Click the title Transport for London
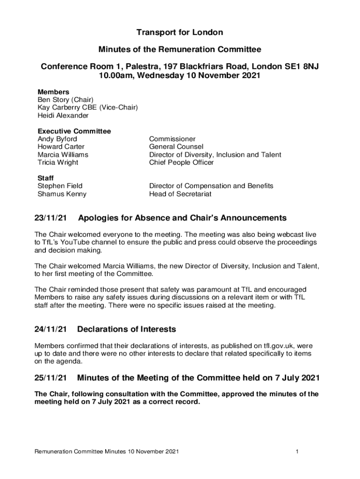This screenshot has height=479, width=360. click(180, 32)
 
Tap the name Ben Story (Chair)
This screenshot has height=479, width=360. click(65, 100)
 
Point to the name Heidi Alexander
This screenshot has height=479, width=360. click(63, 115)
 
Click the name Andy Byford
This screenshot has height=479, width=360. click(57, 139)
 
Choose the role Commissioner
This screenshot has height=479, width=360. click(172, 139)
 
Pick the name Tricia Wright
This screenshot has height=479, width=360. click(58, 162)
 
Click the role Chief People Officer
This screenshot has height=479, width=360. click(181, 162)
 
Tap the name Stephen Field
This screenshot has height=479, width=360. click(60, 186)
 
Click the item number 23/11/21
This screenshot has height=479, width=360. click(50, 218)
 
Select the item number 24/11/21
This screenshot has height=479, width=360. click(50, 329)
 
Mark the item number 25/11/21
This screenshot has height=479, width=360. click(50, 377)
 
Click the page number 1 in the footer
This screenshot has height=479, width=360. click(297, 451)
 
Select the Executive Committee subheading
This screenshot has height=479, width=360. click(74, 131)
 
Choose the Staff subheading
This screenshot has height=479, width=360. click(45, 178)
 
